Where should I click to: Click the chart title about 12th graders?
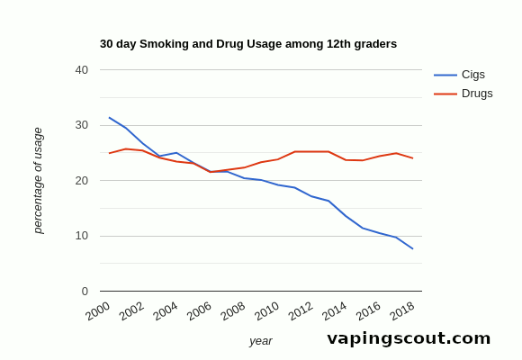(x=247, y=44)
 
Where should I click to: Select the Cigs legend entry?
(x=472, y=75)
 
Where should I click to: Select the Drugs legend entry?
(x=476, y=94)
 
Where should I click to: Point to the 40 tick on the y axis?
(x=82, y=70)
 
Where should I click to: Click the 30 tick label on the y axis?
(x=82, y=125)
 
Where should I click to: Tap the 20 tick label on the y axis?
(x=82, y=181)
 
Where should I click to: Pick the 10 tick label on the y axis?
(x=82, y=236)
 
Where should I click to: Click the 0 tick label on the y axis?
(x=85, y=292)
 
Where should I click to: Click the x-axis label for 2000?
(x=98, y=310)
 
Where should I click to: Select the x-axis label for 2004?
(x=166, y=310)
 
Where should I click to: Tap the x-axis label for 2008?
(x=233, y=310)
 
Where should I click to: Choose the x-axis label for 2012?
(x=301, y=310)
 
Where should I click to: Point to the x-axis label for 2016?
(x=368, y=310)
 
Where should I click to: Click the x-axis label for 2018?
(x=402, y=310)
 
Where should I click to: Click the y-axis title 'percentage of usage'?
(x=38, y=181)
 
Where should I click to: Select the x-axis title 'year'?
(x=261, y=341)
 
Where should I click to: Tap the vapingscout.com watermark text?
(x=409, y=338)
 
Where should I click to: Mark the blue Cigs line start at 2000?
(x=109, y=117)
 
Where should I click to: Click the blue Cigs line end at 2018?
(x=413, y=248)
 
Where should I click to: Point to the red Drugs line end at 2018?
(x=413, y=158)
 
